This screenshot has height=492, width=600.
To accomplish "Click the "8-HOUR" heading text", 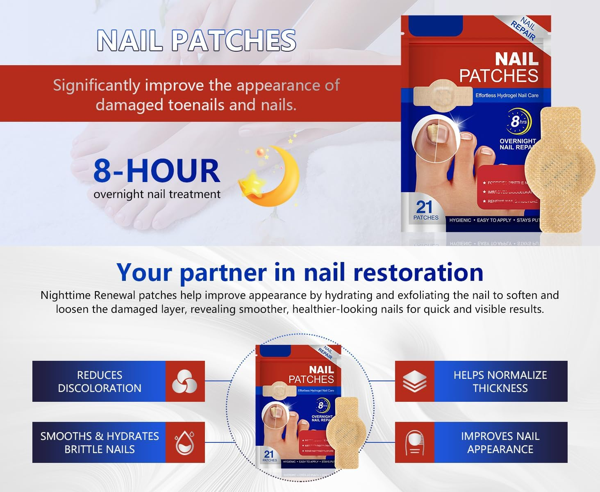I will (x=157, y=171).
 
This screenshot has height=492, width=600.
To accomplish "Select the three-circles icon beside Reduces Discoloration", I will (x=184, y=381).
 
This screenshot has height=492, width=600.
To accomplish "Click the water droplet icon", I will (x=184, y=443).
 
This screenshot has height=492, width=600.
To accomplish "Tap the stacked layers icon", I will (x=414, y=381).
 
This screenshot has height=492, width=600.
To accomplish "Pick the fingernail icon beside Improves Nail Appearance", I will (x=414, y=443).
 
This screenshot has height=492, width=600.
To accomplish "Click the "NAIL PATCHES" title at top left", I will (x=196, y=41).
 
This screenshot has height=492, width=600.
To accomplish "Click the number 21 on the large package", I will (x=424, y=207).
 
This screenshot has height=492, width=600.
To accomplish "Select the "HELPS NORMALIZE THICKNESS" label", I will (x=500, y=381).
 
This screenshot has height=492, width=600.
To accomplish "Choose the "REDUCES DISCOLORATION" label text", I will (x=100, y=381).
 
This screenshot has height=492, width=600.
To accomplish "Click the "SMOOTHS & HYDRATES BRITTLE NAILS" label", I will (x=100, y=442).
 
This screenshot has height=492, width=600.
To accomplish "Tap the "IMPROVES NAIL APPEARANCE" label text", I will (x=500, y=442).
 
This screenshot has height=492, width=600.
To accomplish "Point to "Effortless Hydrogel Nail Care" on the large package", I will (x=507, y=96).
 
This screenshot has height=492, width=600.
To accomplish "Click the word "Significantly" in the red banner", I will (x=96, y=86).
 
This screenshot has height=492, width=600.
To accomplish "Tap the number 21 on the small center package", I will (x=269, y=454).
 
